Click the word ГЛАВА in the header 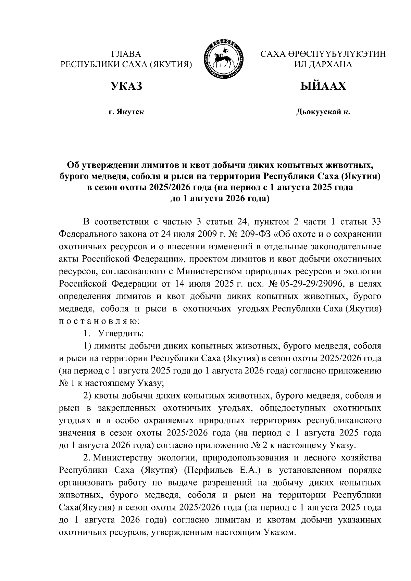pyautogui.click(x=126, y=54)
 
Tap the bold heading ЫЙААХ pyautogui.click(x=323, y=86)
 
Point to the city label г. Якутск pyautogui.click(x=126, y=112)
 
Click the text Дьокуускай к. pyautogui.click(x=323, y=112)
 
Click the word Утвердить pyautogui.click(x=121, y=333)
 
